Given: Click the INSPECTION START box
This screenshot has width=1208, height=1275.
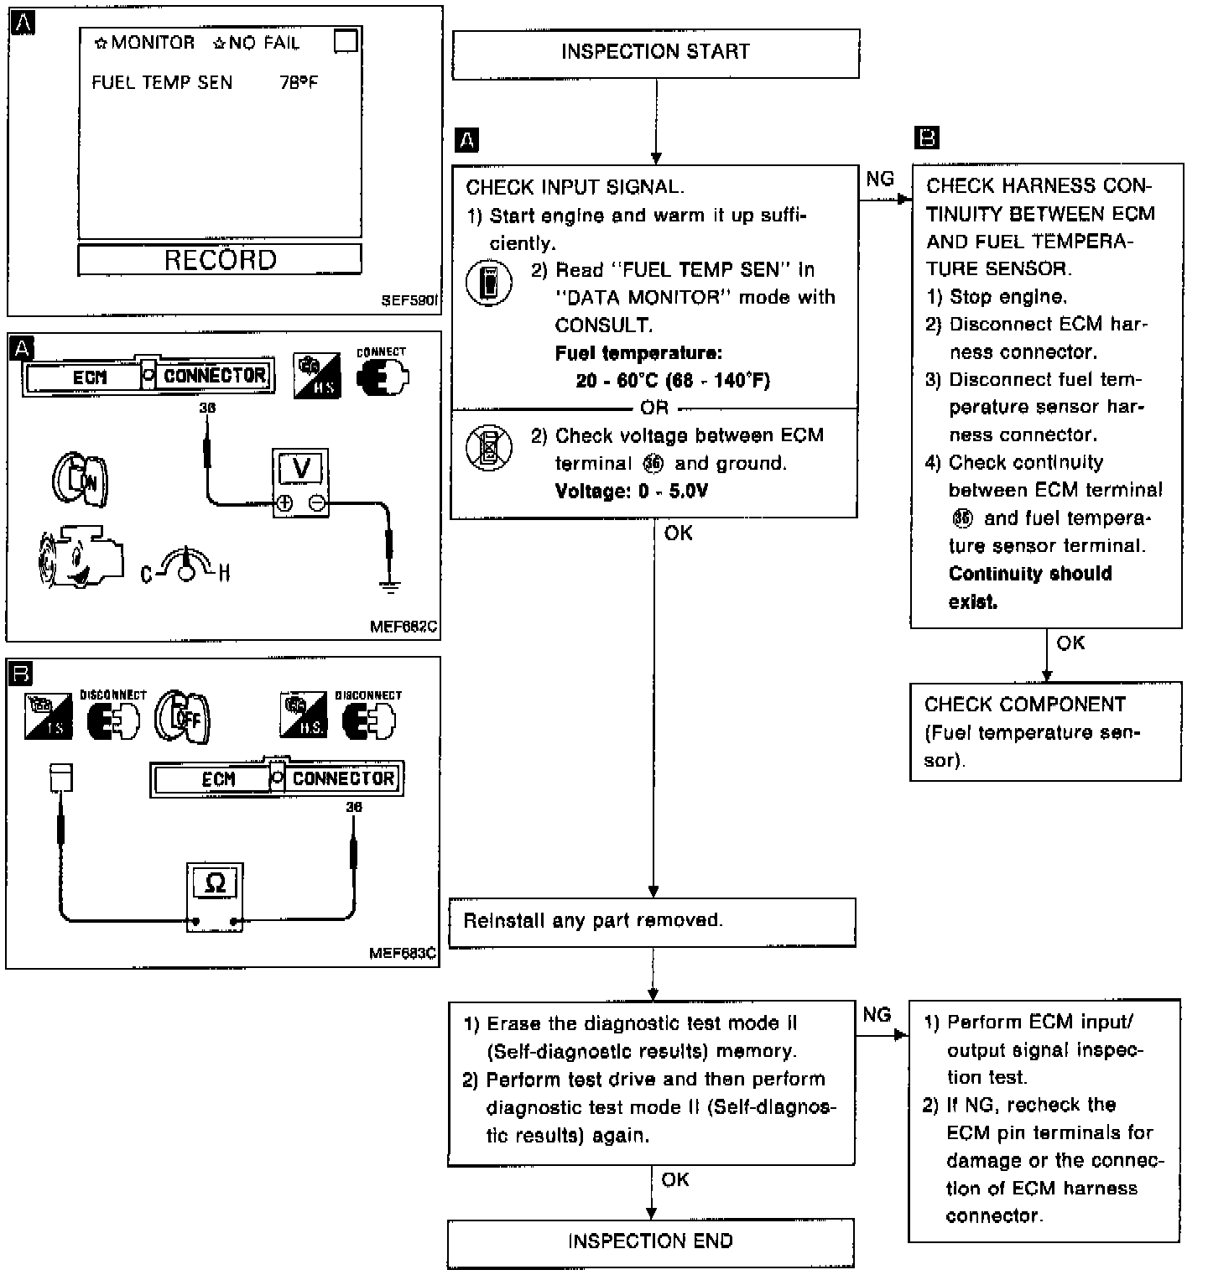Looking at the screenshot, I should (655, 53).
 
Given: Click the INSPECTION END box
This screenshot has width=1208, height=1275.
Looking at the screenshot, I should (650, 1241).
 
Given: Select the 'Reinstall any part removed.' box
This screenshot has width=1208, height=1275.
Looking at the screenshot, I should (652, 921).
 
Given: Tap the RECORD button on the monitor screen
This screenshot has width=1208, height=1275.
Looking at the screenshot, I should (220, 259).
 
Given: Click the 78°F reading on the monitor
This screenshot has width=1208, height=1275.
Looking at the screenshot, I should (298, 82).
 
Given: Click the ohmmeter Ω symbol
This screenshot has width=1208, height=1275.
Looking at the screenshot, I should (215, 884).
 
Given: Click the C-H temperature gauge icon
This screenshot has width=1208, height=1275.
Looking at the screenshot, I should (185, 567).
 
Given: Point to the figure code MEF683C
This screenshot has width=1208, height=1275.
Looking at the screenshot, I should (403, 953).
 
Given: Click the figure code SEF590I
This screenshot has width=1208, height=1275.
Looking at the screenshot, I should (410, 299).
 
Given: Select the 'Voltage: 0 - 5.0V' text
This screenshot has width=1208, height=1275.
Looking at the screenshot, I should (631, 491).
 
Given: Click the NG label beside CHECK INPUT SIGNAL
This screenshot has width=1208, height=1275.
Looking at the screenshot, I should (880, 179).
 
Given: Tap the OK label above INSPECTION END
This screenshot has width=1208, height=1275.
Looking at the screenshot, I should (675, 1179).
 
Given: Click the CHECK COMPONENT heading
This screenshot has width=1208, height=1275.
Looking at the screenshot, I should (1024, 705).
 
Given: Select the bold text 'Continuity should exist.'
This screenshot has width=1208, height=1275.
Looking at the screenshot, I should (1029, 587).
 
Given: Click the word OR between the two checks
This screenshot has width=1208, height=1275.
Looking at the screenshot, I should (654, 408).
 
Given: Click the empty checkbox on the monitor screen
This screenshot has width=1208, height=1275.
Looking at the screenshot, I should (345, 41).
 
